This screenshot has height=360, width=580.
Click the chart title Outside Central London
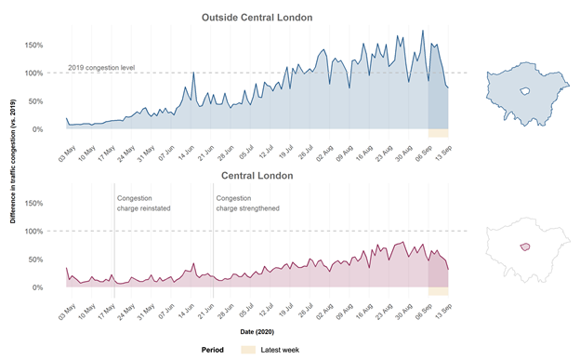click(257, 18)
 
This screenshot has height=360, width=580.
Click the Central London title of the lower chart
click(257, 175)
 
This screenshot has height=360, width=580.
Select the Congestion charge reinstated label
click(143, 203)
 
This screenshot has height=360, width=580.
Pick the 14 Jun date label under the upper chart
click(185, 152)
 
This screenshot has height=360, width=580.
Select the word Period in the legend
click(212, 350)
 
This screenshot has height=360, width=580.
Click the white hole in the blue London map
click(525, 90)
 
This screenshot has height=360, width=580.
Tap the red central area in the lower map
click(525, 247)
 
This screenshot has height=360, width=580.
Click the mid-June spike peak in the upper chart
click(192, 73)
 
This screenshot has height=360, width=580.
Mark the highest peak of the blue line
click(423, 31)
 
